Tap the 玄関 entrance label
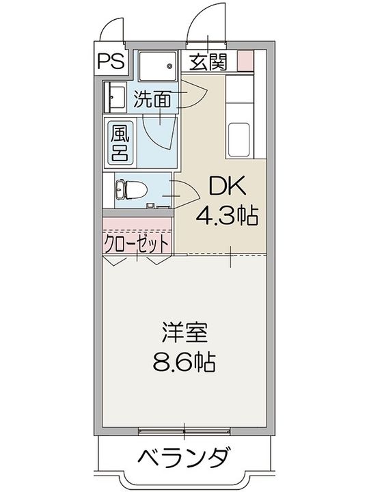(x=208, y=62)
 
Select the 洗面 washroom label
(x=152, y=100)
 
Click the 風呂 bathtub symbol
(x=120, y=141)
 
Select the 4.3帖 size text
(x=226, y=217)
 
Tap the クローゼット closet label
(x=136, y=243)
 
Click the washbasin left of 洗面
(x=114, y=96)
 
